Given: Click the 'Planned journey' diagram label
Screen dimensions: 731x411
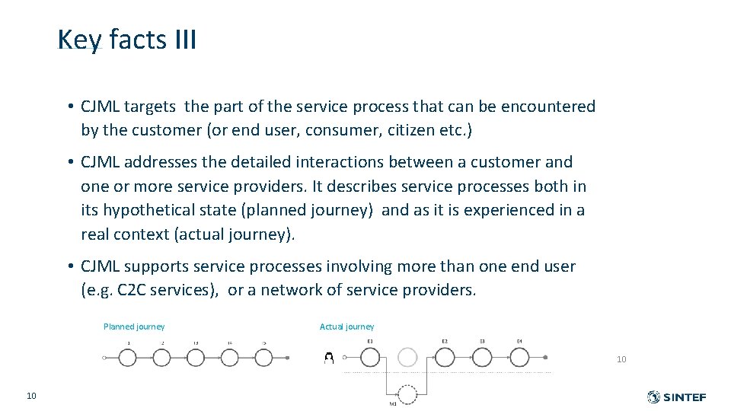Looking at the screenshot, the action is pos(134,327).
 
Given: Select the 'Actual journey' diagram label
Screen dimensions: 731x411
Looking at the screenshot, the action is pos(346,327).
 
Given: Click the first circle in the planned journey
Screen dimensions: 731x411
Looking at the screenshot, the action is pos(128,357).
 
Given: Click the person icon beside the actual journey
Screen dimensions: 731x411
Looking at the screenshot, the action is pos(329,357).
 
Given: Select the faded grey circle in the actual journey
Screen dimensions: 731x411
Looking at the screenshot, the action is pos(407,357).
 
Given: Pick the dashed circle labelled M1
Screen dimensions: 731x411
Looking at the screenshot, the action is pos(407,393).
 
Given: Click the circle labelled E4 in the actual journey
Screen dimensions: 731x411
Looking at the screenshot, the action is pos(519,357).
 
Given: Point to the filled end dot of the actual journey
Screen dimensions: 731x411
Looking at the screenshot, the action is pos(545,357).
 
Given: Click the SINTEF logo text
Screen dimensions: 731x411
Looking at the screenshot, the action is pos(685,397).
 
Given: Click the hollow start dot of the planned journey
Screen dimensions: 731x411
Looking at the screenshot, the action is pos(104,357).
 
